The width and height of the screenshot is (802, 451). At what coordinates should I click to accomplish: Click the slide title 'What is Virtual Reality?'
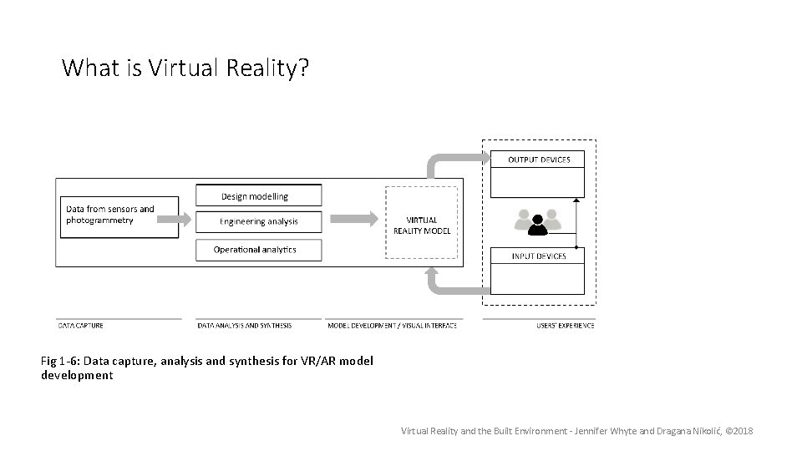click(x=185, y=68)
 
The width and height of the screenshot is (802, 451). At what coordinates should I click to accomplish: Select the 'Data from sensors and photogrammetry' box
click(x=118, y=215)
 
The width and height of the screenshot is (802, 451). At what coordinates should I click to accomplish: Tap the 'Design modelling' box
click(x=258, y=196)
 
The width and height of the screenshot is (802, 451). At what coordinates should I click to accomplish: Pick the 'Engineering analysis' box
click(x=258, y=221)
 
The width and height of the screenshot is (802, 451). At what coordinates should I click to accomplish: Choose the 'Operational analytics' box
click(x=258, y=249)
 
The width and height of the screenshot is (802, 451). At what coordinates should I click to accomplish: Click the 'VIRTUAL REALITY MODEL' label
click(x=422, y=225)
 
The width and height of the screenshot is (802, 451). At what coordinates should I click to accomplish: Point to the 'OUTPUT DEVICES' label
click(x=539, y=160)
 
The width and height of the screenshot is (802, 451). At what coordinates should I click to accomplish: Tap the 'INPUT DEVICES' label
click(x=539, y=256)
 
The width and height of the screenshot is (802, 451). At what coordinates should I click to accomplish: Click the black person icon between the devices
click(x=539, y=223)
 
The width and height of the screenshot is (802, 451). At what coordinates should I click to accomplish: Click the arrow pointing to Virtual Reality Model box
click(x=353, y=219)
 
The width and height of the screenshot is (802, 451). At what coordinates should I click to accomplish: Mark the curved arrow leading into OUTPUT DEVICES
click(x=451, y=160)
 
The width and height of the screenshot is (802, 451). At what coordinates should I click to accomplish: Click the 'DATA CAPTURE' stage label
click(x=80, y=326)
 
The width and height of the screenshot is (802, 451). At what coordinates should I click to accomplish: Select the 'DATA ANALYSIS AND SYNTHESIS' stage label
click(x=245, y=326)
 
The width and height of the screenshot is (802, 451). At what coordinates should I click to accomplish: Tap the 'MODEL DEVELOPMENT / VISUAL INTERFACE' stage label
click(x=392, y=326)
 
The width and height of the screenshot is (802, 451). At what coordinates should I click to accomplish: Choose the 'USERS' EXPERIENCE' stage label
click(x=565, y=326)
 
